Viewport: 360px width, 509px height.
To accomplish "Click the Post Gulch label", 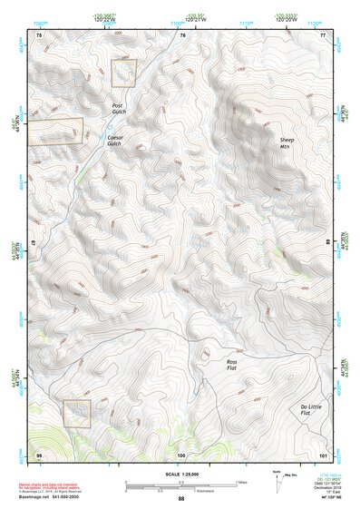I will pos(117,109).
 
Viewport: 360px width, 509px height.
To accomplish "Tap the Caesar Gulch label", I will pos(113,140).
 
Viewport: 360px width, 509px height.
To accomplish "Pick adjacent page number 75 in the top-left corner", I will pos(39,34).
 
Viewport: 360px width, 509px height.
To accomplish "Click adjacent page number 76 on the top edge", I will pos(182,34).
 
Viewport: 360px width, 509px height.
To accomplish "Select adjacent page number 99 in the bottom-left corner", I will pos(39,453).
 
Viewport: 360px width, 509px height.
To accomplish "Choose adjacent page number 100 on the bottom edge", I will pos(181,453).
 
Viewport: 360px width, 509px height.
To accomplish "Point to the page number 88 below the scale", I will pos(180,499).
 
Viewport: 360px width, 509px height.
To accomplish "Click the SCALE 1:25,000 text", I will pos(180,475).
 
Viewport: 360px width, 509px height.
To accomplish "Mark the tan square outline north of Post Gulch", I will pos(123,73).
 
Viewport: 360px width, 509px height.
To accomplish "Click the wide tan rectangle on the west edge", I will pos(54,131).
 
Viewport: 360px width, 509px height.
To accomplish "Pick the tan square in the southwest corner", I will pos(77,413).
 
